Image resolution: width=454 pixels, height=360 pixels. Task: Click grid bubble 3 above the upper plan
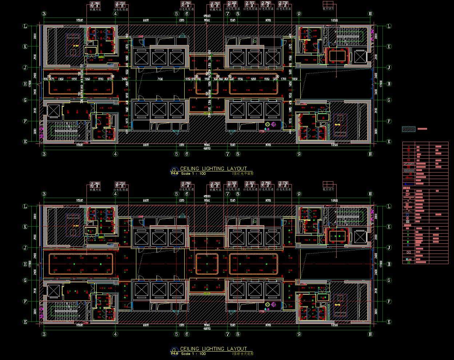44,14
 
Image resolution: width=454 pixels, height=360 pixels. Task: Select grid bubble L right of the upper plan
389,26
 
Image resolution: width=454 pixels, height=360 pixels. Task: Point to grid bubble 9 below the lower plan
299,334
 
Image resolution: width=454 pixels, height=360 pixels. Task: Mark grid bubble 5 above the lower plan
177,194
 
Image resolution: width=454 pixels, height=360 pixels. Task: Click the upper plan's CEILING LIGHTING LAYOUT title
213,169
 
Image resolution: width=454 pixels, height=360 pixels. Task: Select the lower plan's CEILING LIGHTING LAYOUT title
213,349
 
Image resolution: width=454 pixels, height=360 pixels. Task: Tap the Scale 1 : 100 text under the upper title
193,174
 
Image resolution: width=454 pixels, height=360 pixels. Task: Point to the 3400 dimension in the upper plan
124,79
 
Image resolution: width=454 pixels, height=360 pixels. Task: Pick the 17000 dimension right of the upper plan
381,84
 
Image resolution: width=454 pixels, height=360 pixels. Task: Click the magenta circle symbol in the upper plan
273,125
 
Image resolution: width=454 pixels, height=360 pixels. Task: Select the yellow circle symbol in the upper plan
268,125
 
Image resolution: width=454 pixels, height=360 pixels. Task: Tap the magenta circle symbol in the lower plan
273,304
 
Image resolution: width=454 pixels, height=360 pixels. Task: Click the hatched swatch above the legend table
409,129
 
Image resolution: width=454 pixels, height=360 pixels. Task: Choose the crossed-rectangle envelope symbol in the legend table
409,252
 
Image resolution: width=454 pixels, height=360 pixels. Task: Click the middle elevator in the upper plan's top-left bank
158,58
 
